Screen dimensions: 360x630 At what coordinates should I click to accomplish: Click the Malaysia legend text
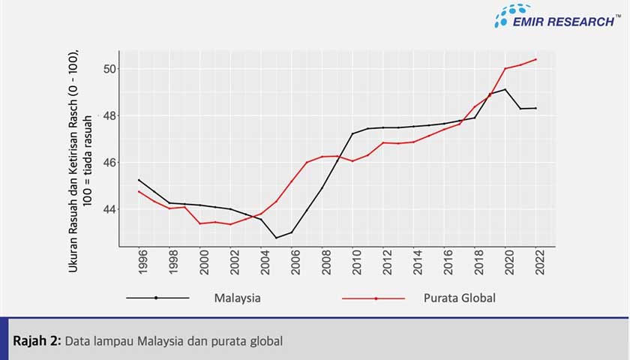coord(237,298)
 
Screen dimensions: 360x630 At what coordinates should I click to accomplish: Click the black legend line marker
coord(156,298)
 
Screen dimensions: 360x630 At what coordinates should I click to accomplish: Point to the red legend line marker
coord(375,298)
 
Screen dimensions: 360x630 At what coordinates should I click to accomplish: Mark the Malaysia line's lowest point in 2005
coord(276,238)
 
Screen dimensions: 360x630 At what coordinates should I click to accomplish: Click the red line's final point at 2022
coord(535,59)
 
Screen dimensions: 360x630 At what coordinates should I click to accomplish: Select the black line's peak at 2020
coord(505,89)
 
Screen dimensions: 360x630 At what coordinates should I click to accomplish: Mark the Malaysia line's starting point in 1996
coord(139,179)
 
